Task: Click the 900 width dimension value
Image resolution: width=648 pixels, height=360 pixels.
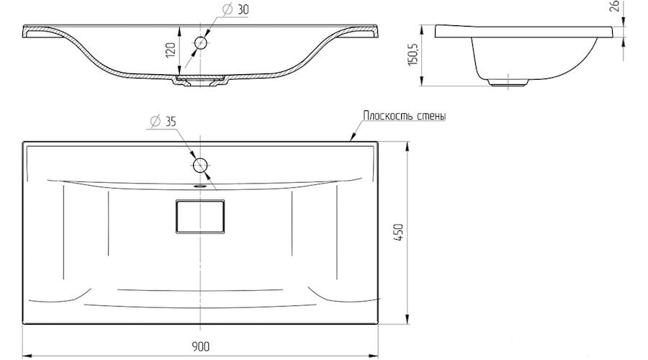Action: click(x=200, y=346)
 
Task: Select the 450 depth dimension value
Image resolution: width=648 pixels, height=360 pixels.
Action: click(x=397, y=233)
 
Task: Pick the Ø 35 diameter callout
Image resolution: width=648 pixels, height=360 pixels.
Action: click(x=164, y=121)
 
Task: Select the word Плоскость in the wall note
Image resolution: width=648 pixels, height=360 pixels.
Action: click(x=386, y=115)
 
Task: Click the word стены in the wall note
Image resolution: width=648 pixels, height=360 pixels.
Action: click(x=430, y=115)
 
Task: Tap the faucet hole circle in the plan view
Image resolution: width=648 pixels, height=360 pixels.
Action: click(x=201, y=165)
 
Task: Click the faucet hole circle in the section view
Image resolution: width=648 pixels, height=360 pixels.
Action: click(x=201, y=43)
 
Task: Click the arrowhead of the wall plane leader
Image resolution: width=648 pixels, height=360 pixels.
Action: click(x=351, y=138)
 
